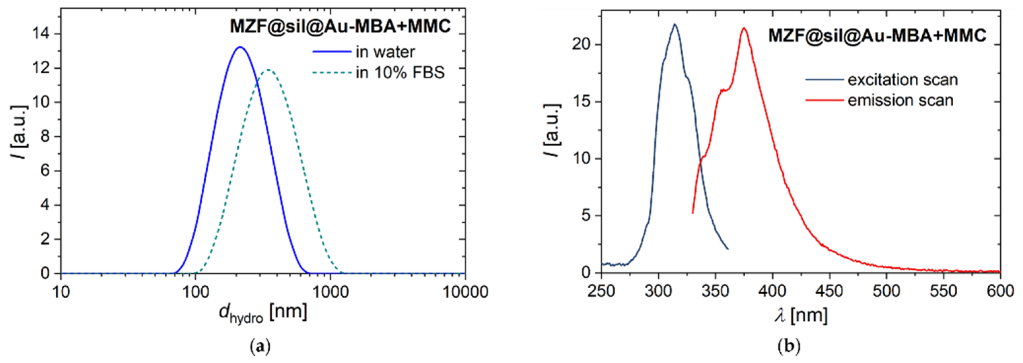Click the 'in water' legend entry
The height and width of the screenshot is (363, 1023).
click(x=385, y=52)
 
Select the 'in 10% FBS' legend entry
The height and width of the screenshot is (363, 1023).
click(x=399, y=73)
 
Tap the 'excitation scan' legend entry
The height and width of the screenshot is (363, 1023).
click(x=902, y=80)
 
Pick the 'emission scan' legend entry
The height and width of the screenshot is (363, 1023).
click(x=900, y=100)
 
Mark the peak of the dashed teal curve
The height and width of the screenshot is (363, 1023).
click(x=269, y=70)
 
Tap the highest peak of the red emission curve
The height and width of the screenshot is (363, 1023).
click(x=743, y=28)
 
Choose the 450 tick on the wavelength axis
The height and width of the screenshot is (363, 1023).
click(x=830, y=291)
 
